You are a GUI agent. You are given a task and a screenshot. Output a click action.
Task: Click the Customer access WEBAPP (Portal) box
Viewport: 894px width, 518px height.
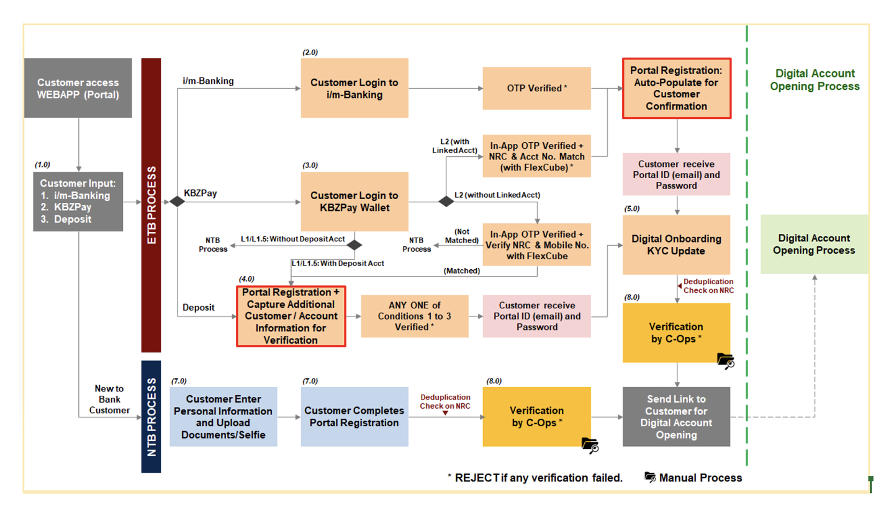tap(78, 88)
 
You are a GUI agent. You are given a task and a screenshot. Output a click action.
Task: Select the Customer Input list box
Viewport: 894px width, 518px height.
tap(78, 202)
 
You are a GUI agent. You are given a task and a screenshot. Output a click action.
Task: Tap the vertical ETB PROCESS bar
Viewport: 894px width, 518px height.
tap(151, 205)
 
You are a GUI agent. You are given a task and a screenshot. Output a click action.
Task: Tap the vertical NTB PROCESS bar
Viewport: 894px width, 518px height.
tap(151, 416)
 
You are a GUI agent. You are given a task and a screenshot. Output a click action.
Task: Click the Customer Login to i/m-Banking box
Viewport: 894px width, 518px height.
tap(354, 88)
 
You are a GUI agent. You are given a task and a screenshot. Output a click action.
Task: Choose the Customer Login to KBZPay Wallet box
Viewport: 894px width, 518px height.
tap(354, 202)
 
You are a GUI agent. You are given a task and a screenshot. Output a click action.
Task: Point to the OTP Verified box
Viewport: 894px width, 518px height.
tap(536, 88)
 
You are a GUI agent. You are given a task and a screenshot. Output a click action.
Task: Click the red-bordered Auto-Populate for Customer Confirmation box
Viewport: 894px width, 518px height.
tap(676, 88)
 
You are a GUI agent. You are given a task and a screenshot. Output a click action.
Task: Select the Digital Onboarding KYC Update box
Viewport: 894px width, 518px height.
tap(676, 244)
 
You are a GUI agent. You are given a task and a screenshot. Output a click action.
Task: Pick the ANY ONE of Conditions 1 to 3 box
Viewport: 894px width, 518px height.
tap(414, 316)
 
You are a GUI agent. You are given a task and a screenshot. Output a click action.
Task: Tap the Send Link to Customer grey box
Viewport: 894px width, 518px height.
tap(676, 416)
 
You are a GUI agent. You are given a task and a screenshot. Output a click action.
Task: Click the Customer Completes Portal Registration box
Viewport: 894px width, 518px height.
tap(354, 416)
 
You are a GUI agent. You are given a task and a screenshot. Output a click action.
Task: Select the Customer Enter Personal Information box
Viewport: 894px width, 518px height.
tap(223, 416)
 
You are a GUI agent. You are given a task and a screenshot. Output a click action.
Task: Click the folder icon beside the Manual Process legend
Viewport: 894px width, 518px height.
tap(650, 477)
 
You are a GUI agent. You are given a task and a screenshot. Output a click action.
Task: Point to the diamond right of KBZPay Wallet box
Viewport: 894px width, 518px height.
tap(446, 202)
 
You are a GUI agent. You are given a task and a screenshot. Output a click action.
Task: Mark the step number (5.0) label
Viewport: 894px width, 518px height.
tap(631, 208)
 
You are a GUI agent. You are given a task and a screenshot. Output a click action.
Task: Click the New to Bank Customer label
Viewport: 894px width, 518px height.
tap(109, 399)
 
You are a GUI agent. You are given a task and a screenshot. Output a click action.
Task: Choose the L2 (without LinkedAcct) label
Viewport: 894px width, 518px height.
tap(497, 195)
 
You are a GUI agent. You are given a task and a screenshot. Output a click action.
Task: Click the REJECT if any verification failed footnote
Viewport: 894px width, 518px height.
tap(535, 477)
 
